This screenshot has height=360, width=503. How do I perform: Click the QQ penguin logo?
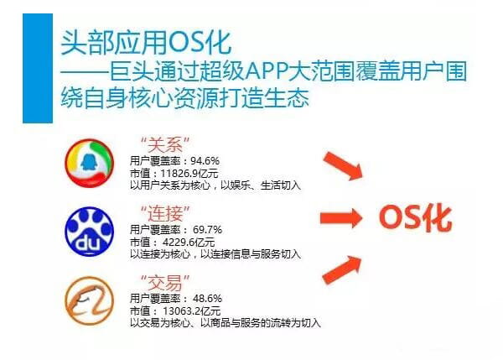click(x=90, y=163)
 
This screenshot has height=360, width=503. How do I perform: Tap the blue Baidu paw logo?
click(x=90, y=232)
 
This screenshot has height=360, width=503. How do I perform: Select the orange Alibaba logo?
click(x=90, y=300)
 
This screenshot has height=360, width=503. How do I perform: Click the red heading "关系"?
click(x=165, y=145)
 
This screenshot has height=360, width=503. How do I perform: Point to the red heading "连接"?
click(x=165, y=213)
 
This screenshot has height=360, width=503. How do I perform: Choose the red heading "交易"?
click(x=165, y=282)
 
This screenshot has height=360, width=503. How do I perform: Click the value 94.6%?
click(x=205, y=160)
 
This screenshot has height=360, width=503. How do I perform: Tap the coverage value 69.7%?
click(x=207, y=230)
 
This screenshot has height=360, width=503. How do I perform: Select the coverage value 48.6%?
click(x=207, y=299)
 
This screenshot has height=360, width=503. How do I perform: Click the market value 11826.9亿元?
click(x=189, y=174)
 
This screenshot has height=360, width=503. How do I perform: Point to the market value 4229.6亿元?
click(x=189, y=243)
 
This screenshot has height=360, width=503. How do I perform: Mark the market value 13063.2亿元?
click(x=191, y=310)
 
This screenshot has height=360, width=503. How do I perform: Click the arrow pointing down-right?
click(x=343, y=165)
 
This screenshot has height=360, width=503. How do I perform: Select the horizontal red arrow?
click(x=341, y=218)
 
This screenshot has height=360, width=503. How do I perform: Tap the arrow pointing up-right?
click(x=342, y=269)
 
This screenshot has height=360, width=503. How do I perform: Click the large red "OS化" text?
click(x=415, y=217)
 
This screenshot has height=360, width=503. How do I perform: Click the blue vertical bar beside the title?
click(x=38, y=68)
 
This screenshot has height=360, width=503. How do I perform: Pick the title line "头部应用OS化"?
click(x=146, y=43)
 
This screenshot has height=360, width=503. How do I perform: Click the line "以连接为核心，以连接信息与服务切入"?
click(x=215, y=254)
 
